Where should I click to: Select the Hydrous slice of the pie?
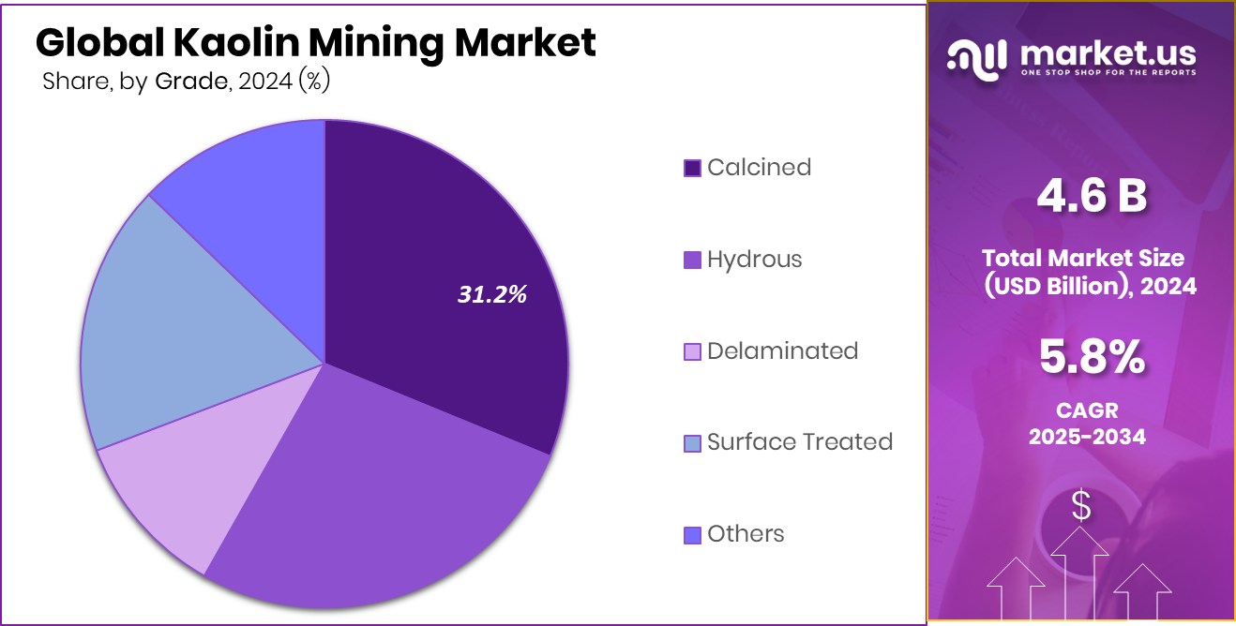click(375, 487)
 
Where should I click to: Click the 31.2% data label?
click(492, 294)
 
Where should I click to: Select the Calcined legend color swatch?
click(692, 169)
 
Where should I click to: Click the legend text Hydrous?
click(754, 260)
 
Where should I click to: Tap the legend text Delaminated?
click(782, 351)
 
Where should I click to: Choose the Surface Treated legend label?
click(799, 442)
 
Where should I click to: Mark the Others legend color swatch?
click(692, 535)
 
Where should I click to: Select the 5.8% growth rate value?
click(1091, 357)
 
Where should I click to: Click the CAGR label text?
click(1089, 410)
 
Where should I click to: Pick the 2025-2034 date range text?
click(1087, 436)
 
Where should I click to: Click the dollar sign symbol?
click(1081, 507)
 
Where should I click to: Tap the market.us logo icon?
click(978, 57)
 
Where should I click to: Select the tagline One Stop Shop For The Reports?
click(1107, 72)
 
